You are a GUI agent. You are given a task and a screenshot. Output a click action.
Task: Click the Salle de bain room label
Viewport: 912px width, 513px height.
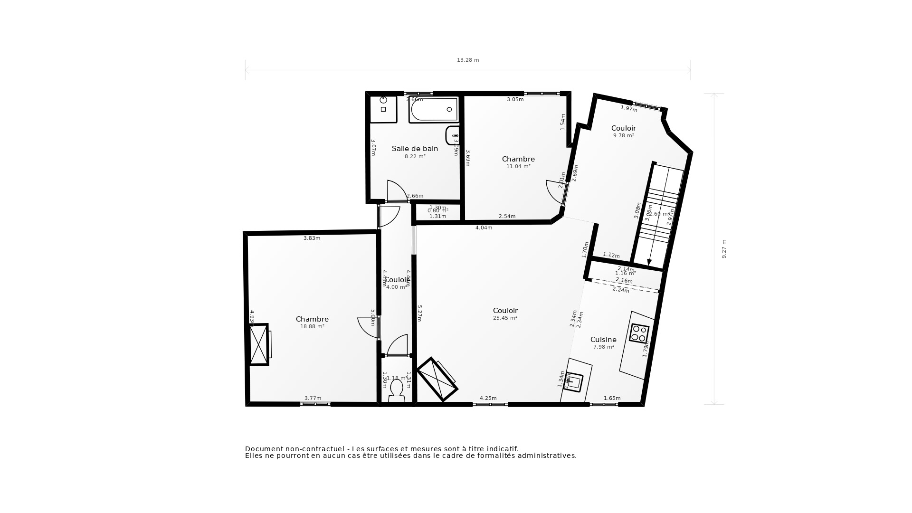(x=415, y=149)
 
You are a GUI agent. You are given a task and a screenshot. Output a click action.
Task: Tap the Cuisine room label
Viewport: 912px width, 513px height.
(x=603, y=340)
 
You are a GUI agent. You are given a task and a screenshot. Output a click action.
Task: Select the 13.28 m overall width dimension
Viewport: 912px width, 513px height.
(x=468, y=60)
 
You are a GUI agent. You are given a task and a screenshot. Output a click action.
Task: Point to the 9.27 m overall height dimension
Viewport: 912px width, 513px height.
(x=724, y=249)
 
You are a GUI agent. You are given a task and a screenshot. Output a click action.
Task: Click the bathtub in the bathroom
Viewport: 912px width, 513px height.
(x=434, y=110)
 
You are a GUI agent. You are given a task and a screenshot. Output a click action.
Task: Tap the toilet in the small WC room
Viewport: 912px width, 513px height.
(x=397, y=389)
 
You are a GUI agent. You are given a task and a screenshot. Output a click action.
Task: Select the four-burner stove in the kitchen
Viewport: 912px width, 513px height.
(x=639, y=333)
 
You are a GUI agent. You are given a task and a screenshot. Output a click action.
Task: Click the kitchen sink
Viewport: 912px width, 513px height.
(x=574, y=381)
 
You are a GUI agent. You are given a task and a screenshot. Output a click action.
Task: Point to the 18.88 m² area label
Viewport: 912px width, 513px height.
(x=312, y=327)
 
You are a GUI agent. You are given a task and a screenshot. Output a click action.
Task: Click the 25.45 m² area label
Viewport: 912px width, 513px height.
(x=505, y=318)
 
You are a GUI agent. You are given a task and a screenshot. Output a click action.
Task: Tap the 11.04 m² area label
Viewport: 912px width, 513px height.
(x=518, y=167)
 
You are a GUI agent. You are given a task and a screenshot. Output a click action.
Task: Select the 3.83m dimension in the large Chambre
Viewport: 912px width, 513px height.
(x=312, y=238)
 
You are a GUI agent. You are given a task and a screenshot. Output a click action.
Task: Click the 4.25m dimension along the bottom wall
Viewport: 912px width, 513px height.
(x=488, y=399)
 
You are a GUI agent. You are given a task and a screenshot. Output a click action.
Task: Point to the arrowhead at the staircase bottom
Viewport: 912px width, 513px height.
(x=649, y=263)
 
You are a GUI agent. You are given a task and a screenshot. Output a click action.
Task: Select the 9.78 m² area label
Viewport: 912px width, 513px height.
(x=624, y=136)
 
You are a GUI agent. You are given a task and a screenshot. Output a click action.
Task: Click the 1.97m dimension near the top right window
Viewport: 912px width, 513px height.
(x=629, y=109)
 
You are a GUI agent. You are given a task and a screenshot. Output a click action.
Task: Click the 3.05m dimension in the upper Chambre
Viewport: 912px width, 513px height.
(x=515, y=100)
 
